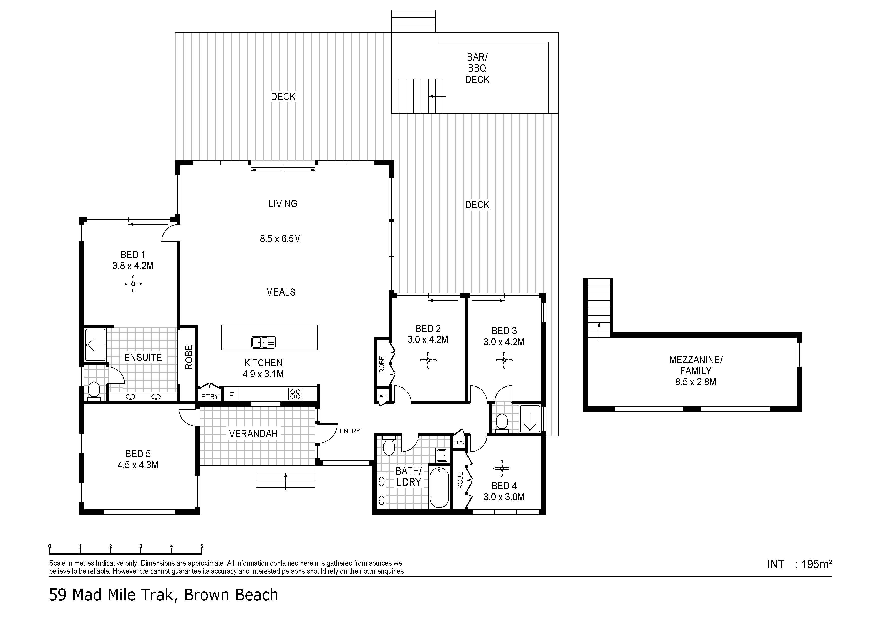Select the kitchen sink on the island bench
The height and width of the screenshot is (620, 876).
click(x=263, y=342)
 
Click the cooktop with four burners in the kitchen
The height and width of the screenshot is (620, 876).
click(x=295, y=394)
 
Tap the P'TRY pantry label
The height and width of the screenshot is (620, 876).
click(x=210, y=397)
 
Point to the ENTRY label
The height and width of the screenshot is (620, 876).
click(x=350, y=431)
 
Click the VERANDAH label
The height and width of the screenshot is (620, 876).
click(x=253, y=434)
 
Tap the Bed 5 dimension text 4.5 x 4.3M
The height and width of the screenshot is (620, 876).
click(x=138, y=465)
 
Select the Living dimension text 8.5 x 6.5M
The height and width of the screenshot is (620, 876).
click(x=280, y=239)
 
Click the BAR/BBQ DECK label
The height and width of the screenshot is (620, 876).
click(x=477, y=68)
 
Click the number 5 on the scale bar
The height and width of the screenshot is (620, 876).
click(x=202, y=546)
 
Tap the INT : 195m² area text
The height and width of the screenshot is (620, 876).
click(x=799, y=564)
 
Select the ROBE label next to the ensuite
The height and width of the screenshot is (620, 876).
click(x=189, y=357)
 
